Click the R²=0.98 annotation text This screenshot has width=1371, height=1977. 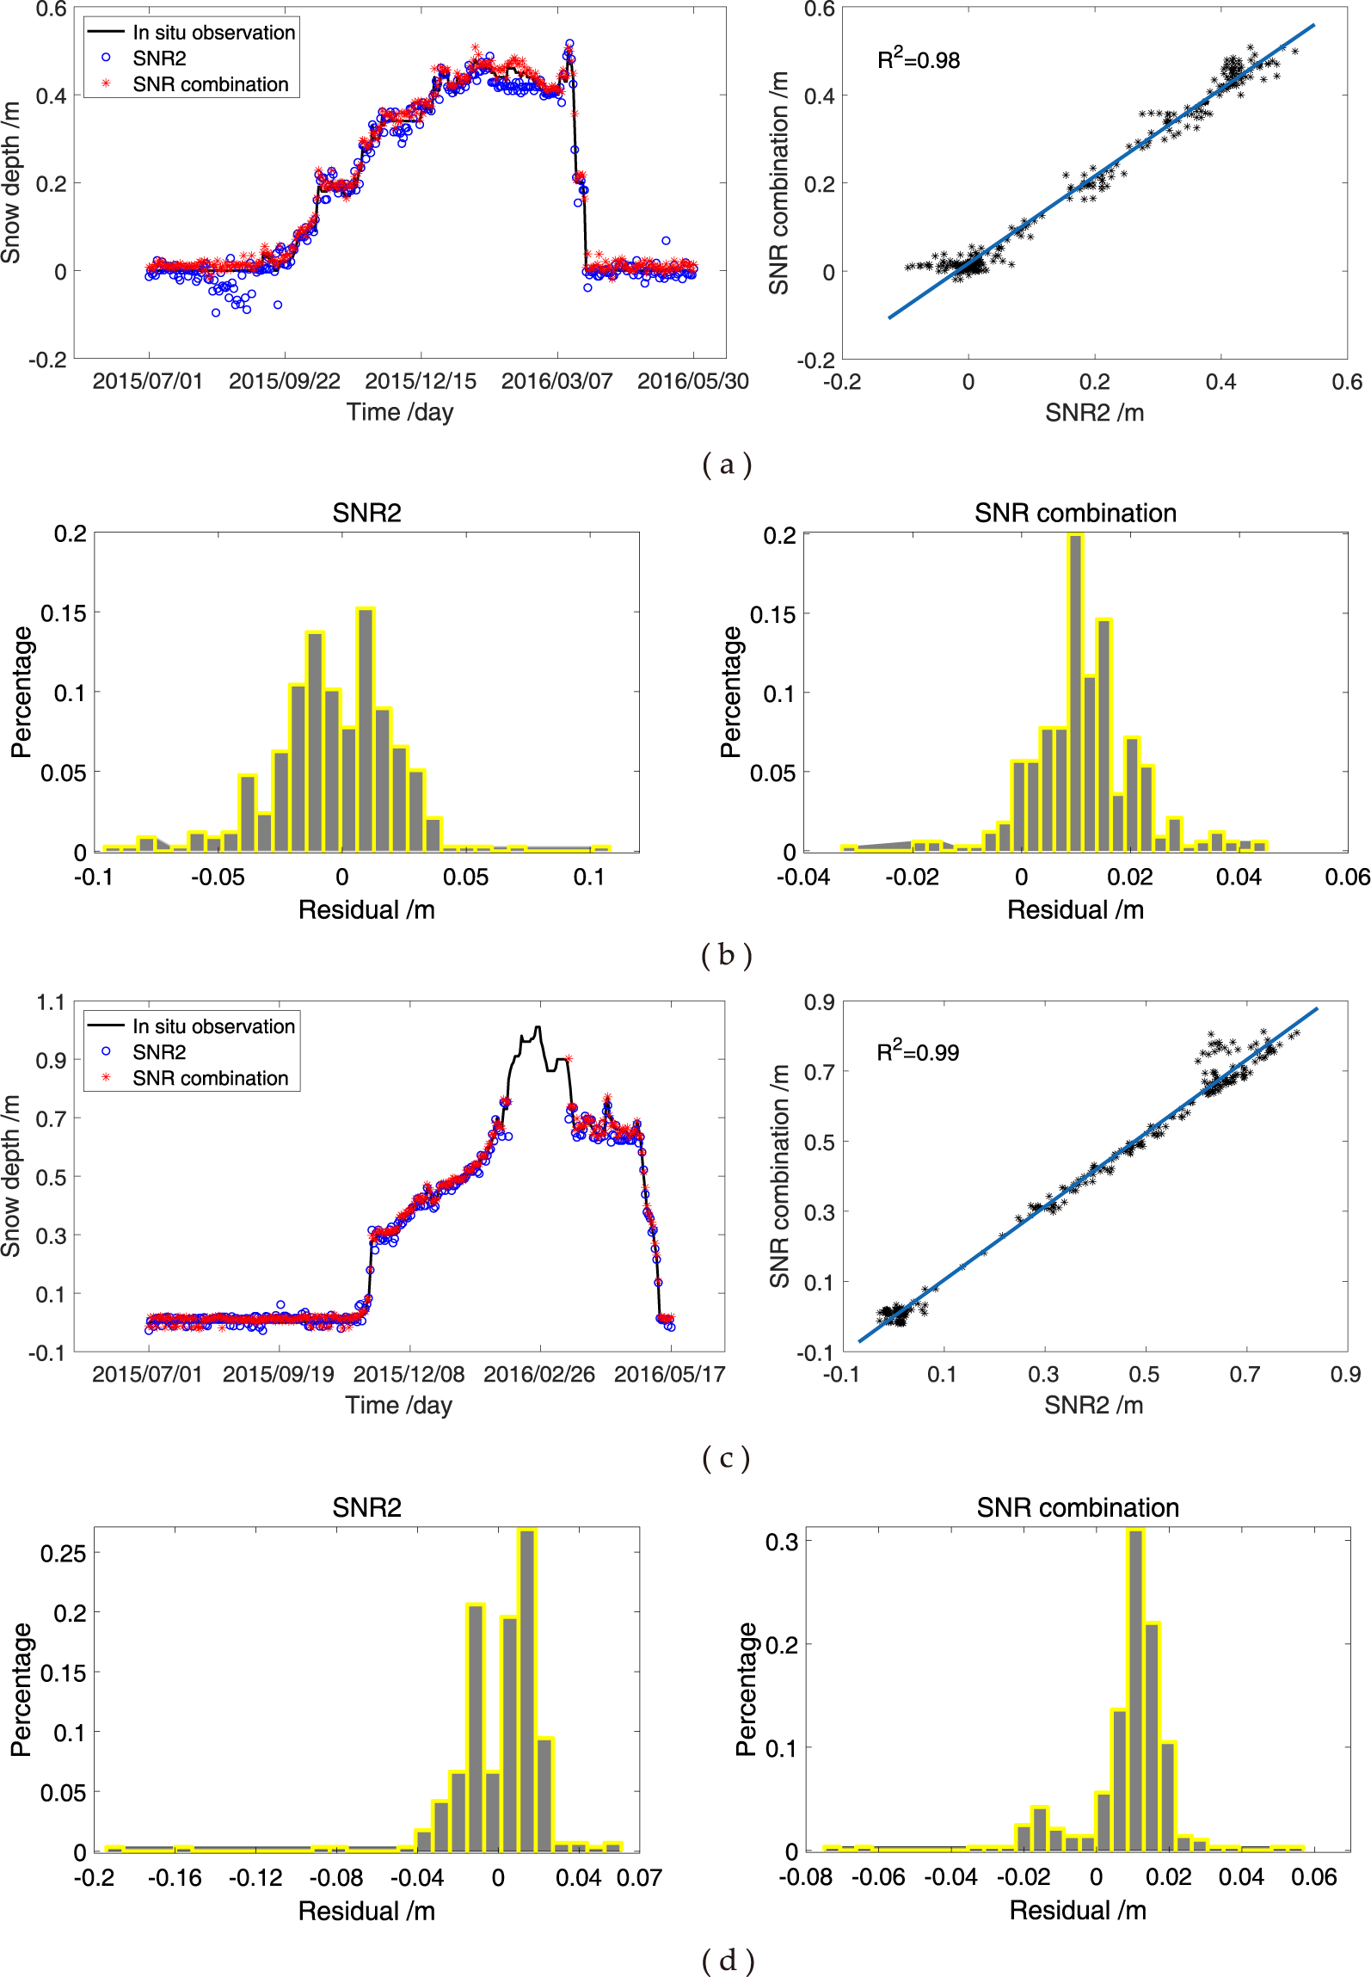tap(918, 59)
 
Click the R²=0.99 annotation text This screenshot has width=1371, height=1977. tap(917, 1051)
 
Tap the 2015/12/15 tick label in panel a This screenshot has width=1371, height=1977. tap(421, 381)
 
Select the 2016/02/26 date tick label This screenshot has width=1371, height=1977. tap(539, 1374)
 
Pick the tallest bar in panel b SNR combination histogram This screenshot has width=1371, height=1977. tap(1075, 693)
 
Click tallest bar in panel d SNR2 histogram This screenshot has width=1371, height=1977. tap(526, 1691)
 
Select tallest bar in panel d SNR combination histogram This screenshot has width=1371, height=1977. tap(1135, 1691)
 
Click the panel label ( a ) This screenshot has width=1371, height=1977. tap(727, 465)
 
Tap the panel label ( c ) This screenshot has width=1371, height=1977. tap(727, 1457)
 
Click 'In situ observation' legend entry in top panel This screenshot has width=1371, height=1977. tap(213, 33)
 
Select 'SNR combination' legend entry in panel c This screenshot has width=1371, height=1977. tap(210, 1078)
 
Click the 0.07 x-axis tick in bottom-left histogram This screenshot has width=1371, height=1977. tap(639, 1878)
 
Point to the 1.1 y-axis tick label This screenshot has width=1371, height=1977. tap(51, 1002)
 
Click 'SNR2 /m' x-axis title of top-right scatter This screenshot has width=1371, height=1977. tap(1094, 413)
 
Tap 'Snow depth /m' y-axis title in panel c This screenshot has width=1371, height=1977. tap(11, 1175)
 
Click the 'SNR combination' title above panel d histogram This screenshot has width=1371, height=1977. tap(1077, 1507)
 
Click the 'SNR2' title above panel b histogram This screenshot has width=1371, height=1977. tap(366, 513)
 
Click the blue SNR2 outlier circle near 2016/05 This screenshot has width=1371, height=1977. tap(666, 241)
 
